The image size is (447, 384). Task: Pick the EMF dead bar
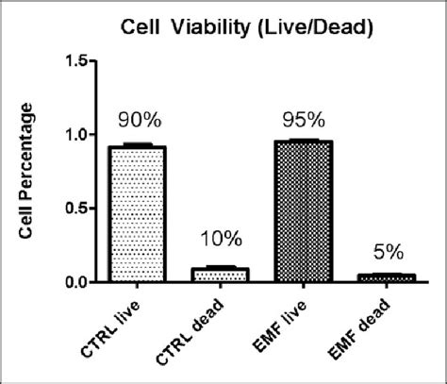(x=387, y=277)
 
